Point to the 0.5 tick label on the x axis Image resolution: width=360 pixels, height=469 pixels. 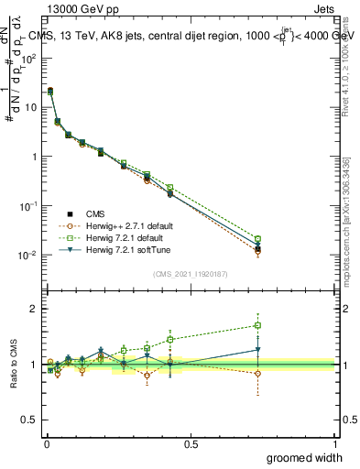pyautogui.click(x=191, y=443)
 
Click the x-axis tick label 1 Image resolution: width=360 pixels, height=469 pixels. pyautogui.click(x=335, y=443)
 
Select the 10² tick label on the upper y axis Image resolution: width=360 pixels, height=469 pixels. pyautogui.click(x=28, y=57)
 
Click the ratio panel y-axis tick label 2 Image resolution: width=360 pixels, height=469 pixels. pyautogui.click(x=33, y=309)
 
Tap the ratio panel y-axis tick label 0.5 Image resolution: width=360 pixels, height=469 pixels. pyautogui.click(x=29, y=420)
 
